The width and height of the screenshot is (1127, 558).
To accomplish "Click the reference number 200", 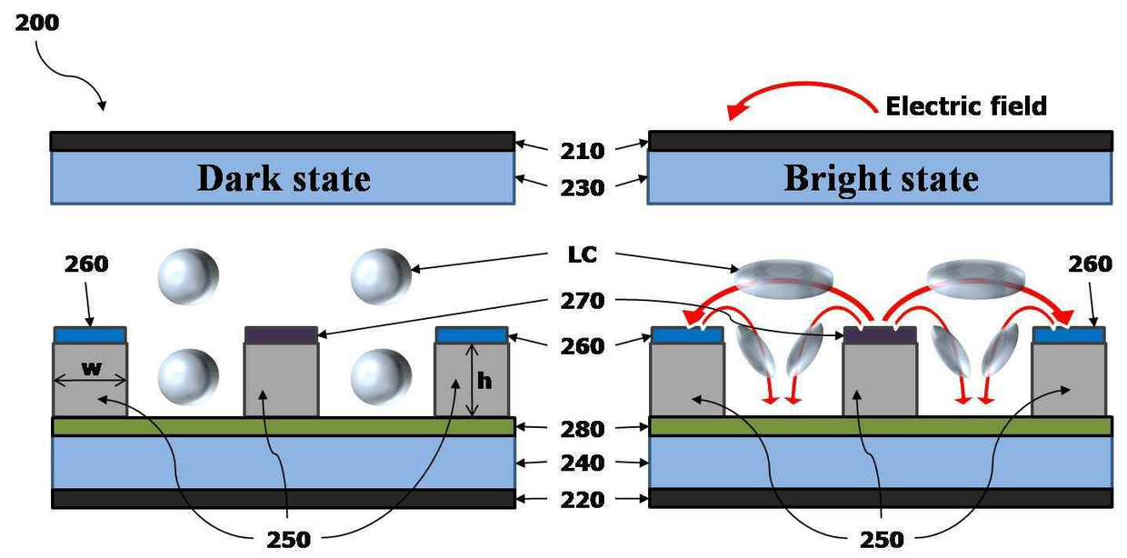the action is (x=36, y=23).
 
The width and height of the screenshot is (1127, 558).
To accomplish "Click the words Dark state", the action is (x=284, y=178).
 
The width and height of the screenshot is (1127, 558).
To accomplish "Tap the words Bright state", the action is (x=881, y=179).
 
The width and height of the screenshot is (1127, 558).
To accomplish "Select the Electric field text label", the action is (x=966, y=106).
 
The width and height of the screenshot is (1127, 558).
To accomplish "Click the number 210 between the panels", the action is (x=582, y=151).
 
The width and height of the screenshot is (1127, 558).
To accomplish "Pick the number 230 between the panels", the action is (x=582, y=188).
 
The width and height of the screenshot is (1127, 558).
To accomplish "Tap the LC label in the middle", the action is (x=582, y=254).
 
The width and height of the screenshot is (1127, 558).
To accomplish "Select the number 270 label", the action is (x=582, y=301).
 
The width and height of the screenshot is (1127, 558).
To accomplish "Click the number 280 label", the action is (x=582, y=429).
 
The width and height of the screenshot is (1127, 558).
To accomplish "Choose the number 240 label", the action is (x=582, y=463).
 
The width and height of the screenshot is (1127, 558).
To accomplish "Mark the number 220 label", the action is (x=582, y=500).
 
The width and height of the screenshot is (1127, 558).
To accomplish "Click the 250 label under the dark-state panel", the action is (x=288, y=540).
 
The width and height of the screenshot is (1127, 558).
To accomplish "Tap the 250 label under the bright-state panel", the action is (x=882, y=540).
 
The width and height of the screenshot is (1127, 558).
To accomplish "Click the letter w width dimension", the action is (x=92, y=369).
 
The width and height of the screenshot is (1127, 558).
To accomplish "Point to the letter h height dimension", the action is (x=484, y=381).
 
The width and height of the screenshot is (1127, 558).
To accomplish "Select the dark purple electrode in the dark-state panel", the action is (x=281, y=335).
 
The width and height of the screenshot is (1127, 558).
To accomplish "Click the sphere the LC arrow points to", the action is (x=381, y=276).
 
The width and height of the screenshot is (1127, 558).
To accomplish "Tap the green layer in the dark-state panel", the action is (x=284, y=426).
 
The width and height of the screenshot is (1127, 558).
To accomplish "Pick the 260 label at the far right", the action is (x=1090, y=264).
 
